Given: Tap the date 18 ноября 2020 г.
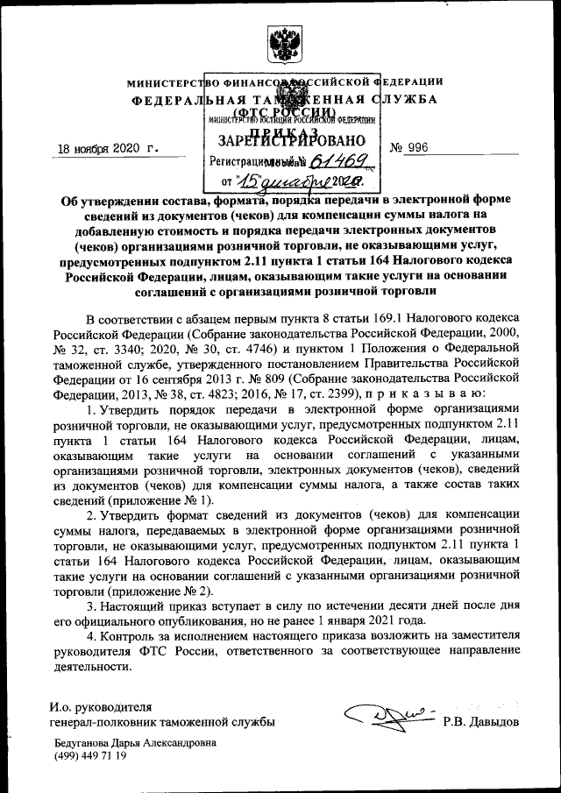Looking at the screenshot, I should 103,148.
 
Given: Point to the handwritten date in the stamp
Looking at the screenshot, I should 289,182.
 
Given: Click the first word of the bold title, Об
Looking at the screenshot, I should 70,199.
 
